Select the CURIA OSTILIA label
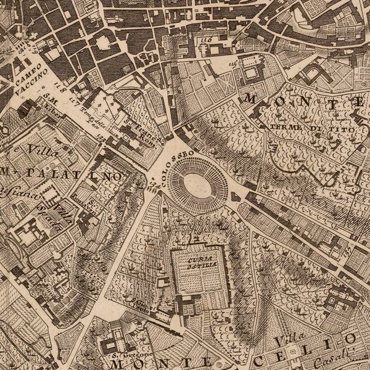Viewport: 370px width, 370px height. click(194, 262)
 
